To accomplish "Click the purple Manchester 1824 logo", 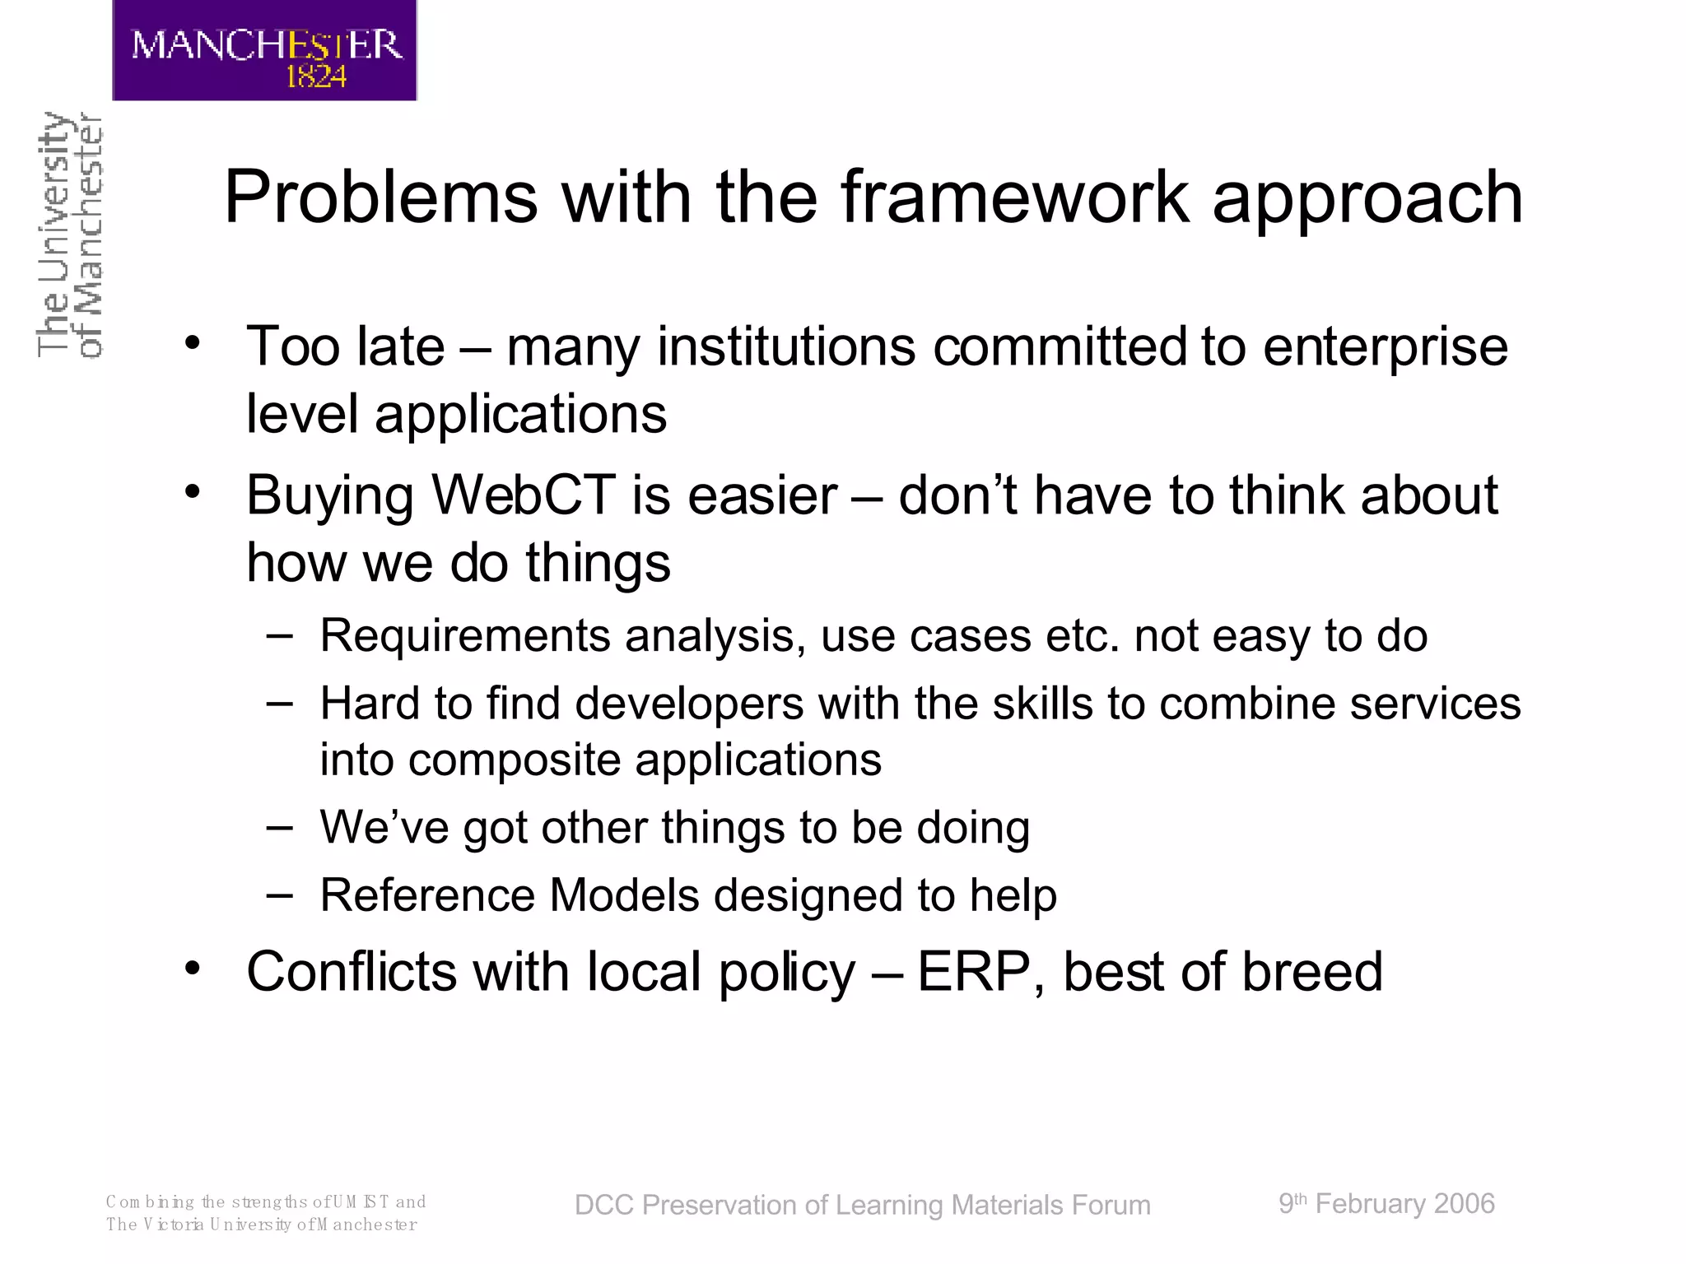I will click(264, 51).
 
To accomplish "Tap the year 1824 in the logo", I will click(315, 77).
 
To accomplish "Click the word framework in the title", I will click(1014, 197).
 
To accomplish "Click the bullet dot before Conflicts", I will click(192, 969).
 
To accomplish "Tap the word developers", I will click(688, 704).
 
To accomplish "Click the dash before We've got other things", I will click(280, 826).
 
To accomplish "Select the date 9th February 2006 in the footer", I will click(1386, 1204).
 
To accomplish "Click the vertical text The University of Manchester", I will click(70, 235).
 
